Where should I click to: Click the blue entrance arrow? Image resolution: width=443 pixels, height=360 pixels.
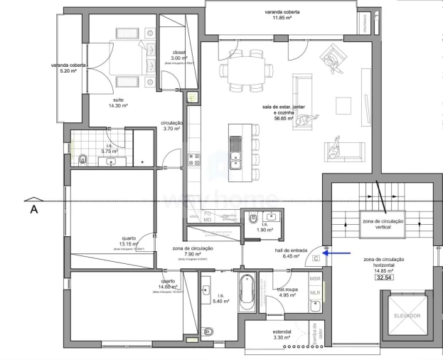point(337,251)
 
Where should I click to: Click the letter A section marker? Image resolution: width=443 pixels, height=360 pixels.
point(33,210)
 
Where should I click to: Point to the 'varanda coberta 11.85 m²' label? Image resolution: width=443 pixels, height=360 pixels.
point(282,15)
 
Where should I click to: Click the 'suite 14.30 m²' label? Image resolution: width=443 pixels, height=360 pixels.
point(116,103)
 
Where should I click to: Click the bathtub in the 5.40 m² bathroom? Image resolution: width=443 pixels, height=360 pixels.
point(247,292)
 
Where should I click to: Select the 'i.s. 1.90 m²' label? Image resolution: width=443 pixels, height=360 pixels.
point(265,228)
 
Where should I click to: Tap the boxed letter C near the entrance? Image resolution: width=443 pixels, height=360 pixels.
point(315,260)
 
